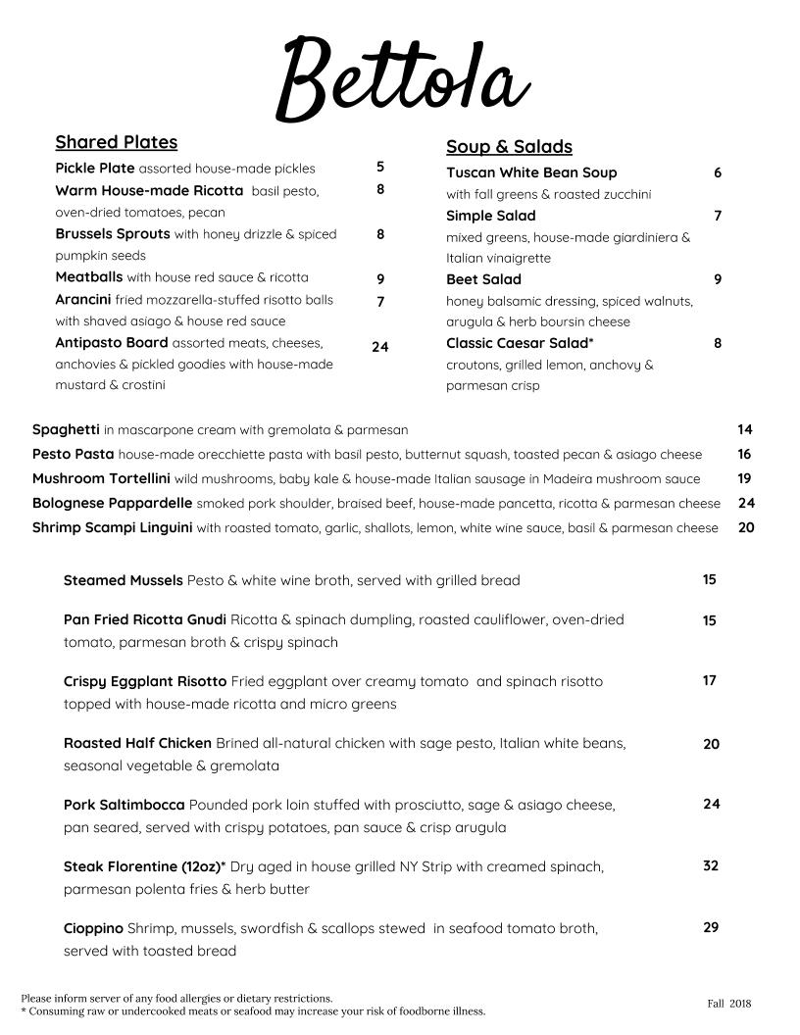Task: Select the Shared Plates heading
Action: coord(116,142)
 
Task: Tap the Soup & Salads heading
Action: coord(509,147)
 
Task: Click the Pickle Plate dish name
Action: coord(95,169)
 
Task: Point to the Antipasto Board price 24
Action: coord(379,347)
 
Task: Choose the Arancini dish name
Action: coord(83,300)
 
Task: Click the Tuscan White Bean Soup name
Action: coord(531,172)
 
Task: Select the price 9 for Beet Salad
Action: coord(718,279)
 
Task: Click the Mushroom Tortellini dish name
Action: coord(101,479)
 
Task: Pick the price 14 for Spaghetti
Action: coord(745,429)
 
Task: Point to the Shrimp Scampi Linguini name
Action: coord(112,527)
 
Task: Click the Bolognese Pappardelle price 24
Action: coord(746,503)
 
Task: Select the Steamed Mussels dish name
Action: coord(123,580)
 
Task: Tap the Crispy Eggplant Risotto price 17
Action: coord(709,680)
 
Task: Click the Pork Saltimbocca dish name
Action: coord(124,805)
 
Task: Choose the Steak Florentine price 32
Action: coord(711,865)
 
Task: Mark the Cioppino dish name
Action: coord(93,928)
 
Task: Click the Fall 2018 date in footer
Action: coord(728,1004)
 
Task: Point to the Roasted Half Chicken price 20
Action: coord(711,744)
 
